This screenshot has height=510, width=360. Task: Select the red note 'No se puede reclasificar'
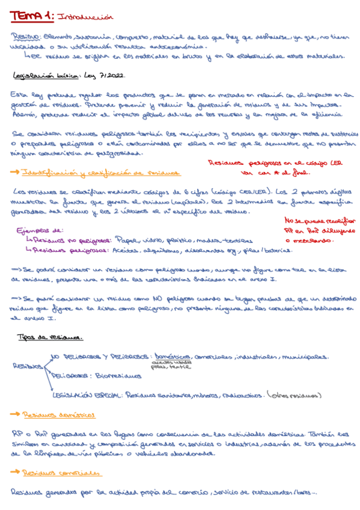320,220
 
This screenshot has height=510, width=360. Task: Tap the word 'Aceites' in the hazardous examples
123,250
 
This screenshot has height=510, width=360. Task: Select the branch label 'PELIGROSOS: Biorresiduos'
96,376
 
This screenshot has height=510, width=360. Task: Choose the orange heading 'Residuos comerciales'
59,473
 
